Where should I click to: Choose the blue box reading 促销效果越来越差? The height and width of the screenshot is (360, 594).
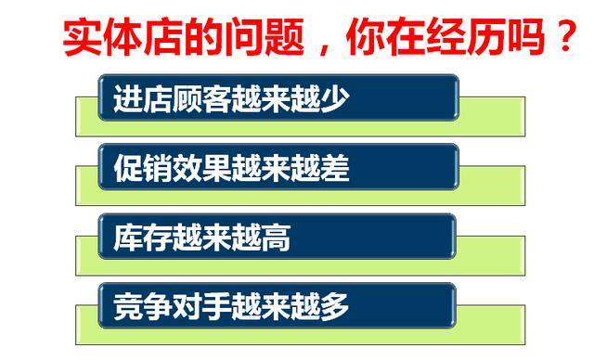pos(278,168)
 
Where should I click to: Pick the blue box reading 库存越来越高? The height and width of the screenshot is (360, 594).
pos(278,238)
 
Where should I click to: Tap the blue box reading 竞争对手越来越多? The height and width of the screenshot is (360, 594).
pos(278,306)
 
